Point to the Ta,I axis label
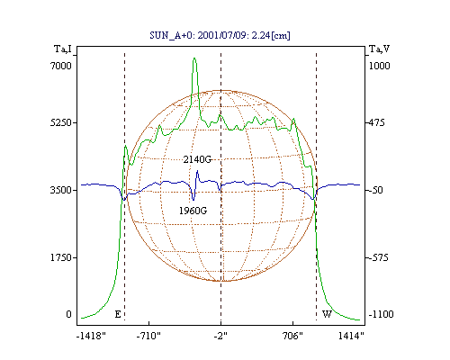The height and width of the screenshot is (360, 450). [x=63, y=49]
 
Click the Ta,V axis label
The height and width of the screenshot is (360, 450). [x=379, y=49]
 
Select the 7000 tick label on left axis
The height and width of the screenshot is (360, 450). [x=61, y=66]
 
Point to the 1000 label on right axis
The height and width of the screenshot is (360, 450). [x=379, y=66]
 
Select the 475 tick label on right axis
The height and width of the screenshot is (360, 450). [x=376, y=122]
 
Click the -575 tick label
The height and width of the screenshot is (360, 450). [x=378, y=257]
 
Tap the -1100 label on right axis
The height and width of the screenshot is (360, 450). [x=381, y=314]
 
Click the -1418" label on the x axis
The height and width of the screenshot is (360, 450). [x=91, y=336]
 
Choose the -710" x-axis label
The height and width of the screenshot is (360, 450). [x=148, y=336]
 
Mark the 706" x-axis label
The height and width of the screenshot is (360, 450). [x=292, y=336]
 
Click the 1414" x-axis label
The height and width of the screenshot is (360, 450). [x=351, y=336]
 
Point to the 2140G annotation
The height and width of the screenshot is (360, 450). [x=197, y=159]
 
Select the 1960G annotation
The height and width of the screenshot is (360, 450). [x=193, y=211]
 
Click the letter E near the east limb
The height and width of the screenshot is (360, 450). [x=118, y=314]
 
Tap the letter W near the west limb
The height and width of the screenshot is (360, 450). [x=327, y=314]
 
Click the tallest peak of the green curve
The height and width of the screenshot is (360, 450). [x=194, y=58]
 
